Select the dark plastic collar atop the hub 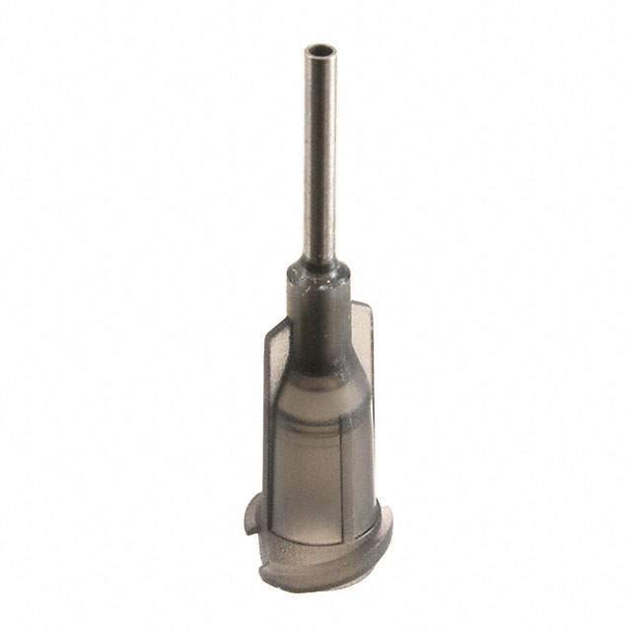point(316,281)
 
